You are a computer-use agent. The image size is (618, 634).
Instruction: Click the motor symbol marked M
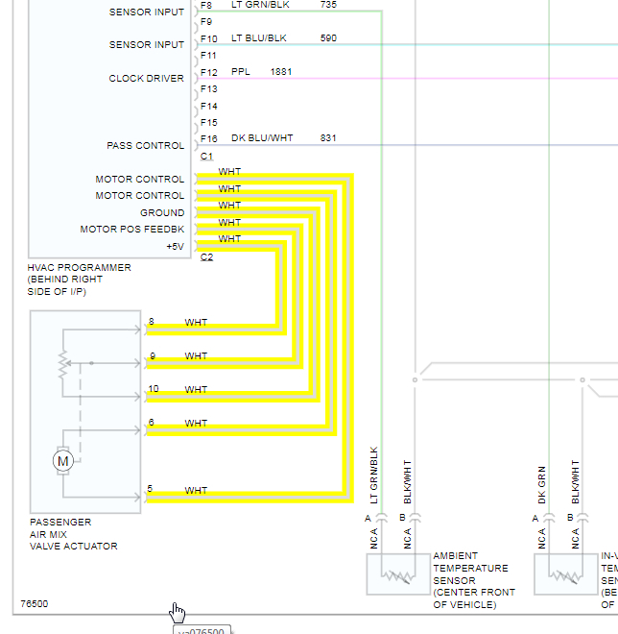(x=63, y=461)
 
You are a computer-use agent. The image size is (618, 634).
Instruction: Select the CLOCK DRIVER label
(x=146, y=79)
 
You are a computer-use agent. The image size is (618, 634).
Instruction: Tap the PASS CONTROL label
(x=145, y=146)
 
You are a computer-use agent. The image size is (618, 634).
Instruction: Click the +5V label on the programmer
(x=175, y=246)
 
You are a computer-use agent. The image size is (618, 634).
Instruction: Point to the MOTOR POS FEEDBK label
(x=132, y=230)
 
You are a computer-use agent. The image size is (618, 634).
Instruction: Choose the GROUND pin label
(x=162, y=213)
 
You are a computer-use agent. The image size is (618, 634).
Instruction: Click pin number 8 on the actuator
(x=152, y=321)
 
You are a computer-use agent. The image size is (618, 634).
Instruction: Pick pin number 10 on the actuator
(x=154, y=388)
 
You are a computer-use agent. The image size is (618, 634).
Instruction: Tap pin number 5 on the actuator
(x=151, y=489)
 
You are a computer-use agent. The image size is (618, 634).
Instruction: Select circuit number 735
(x=329, y=5)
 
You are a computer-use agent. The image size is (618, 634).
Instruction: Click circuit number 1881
(x=281, y=72)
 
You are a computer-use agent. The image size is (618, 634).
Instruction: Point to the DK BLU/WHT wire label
(x=262, y=138)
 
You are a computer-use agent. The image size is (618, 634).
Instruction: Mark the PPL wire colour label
(x=240, y=72)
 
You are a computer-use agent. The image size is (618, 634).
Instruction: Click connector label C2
(x=206, y=257)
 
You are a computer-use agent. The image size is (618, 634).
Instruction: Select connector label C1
(x=206, y=157)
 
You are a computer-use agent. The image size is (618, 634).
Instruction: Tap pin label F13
(x=209, y=89)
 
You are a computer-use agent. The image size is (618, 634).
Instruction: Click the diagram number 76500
(x=35, y=604)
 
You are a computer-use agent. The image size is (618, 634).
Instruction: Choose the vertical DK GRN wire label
(x=541, y=485)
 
